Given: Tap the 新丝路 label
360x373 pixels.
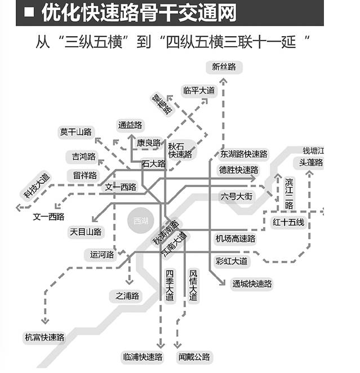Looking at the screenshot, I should [224, 67].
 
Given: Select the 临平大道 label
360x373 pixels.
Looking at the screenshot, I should [199, 90].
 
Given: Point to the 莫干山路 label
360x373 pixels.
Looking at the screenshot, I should [75, 132].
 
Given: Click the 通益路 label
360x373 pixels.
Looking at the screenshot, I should [130, 125].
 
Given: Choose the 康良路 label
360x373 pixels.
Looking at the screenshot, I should [149, 143].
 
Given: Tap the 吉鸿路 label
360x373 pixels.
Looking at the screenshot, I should [84, 156].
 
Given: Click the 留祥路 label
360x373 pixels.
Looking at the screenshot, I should [85, 175].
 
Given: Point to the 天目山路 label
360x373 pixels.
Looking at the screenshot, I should [86, 232].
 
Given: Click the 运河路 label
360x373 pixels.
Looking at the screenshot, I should [102, 255].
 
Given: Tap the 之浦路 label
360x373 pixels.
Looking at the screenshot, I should [128, 296].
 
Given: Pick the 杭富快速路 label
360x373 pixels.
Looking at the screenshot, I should [45, 338].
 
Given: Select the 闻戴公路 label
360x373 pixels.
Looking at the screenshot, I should [194, 357].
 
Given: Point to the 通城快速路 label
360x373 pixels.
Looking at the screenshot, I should [252, 283].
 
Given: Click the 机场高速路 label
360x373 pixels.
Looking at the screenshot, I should [235, 239].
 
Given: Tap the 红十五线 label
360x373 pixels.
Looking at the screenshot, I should [288, 222].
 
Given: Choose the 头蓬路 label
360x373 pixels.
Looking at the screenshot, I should [311, 162].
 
